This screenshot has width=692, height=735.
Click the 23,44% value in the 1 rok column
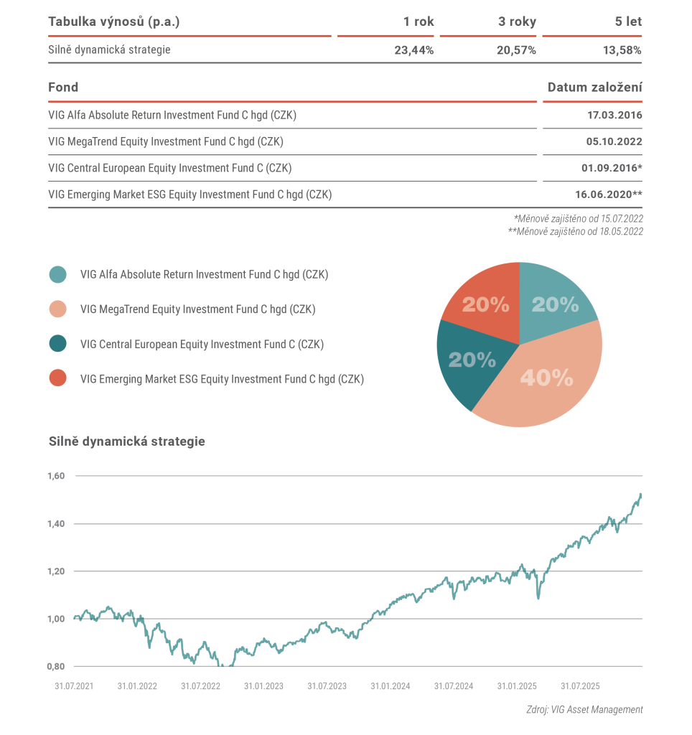point(413,50)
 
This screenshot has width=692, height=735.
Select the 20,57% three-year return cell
point(517,50)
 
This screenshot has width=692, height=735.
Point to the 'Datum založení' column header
point(594,88)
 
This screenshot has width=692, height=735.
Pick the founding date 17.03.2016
point(614,115)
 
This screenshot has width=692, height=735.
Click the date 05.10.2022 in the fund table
point(614,141)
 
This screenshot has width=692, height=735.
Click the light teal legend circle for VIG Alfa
point(58,274)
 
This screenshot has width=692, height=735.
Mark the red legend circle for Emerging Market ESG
point(58,379)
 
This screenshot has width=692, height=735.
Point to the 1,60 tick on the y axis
point(56,476)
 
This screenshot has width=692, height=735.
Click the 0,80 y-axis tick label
point(56,666)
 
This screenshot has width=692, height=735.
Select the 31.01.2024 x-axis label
point(391,686)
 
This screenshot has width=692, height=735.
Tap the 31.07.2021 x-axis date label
point(74,686)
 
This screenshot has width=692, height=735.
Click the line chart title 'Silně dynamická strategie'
point(126,441)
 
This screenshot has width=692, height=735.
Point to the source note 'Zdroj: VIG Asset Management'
point(584,710)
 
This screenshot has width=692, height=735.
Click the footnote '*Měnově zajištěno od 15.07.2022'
point(578,218)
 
